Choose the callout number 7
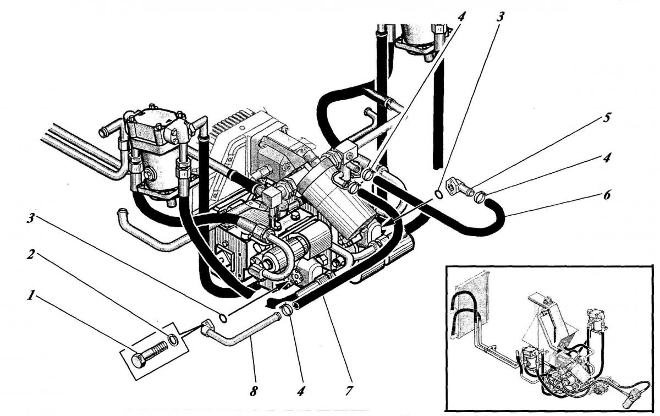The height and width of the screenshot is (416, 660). pyautogui.click(x=349, y=391)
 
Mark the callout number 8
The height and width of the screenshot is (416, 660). pyautogui.click(x=254, y=391)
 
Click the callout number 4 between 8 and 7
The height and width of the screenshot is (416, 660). pyautogui.click(x=300, y=391)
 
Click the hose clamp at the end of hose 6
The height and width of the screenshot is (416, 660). pyautogui.click(x=480, y=196)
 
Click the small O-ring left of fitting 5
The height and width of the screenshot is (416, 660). pyautogui.click(x=439, y=194)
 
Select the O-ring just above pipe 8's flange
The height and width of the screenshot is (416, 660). pyautogui.click(x=223, y=318)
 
